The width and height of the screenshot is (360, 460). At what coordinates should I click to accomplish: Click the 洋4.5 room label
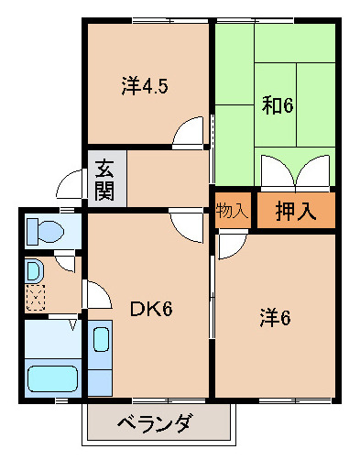[146, 86]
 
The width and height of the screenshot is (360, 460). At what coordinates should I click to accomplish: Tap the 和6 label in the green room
[277, 104]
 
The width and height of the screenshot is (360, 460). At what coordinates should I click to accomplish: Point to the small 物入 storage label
[232, 211]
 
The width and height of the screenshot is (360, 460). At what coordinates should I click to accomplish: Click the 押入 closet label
[297, 211]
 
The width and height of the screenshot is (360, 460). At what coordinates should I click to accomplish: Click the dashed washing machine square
[35, 297]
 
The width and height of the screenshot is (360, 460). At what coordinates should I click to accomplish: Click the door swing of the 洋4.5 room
[191, 134]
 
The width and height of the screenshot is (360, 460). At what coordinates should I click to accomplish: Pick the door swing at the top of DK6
[188, 225]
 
